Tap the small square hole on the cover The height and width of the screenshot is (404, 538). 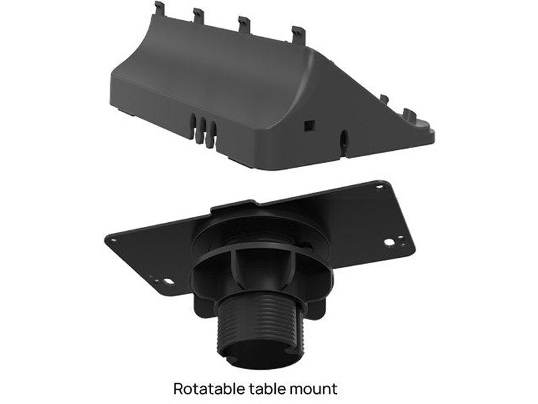(309, 125)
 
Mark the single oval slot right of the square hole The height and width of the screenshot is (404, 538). (345, 139)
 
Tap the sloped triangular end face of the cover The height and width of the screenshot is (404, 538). (336, 101)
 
